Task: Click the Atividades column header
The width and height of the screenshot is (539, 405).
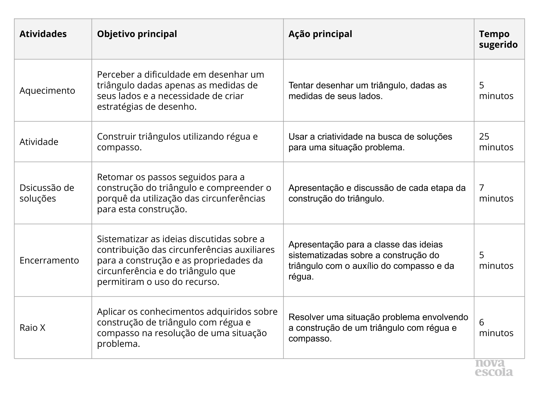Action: click(43, 34)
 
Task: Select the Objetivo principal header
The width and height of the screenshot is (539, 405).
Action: click(137, 34)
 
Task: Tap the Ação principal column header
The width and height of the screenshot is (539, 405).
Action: click(320, 34)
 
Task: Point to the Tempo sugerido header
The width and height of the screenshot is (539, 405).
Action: click(498, 39)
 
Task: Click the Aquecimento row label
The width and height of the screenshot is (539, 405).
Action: click(47, 91)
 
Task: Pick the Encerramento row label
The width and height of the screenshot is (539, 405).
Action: click(49, 261)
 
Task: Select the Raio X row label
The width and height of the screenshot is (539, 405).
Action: click(32, 328)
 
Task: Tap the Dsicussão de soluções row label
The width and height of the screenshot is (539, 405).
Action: click(46, 193)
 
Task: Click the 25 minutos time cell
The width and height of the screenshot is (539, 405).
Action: click(496, 142)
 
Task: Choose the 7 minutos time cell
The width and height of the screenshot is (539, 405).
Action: click(496, 193)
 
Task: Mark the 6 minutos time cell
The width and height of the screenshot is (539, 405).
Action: click(496, 328)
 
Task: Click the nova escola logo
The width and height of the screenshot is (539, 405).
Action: click(494, 368)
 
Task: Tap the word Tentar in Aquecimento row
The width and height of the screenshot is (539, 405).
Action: click(301, 85)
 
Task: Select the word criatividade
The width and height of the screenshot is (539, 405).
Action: click(338, 137)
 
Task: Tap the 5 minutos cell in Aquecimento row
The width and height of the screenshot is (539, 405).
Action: click(496, 91)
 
